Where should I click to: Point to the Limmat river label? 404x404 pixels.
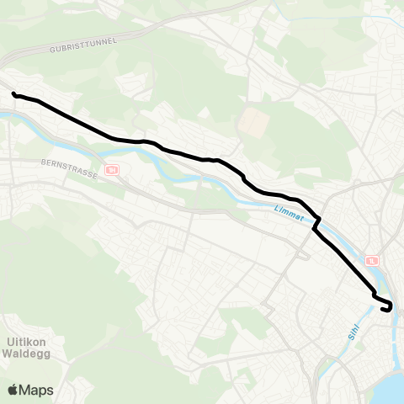[290, 214]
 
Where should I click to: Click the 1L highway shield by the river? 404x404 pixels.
[373, 262]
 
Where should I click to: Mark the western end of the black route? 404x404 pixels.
[14, 93]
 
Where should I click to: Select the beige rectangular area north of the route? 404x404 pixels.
[251, 124]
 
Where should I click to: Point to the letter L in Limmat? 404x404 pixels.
[277, 210]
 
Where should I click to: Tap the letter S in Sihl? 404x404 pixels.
[349, 337]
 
